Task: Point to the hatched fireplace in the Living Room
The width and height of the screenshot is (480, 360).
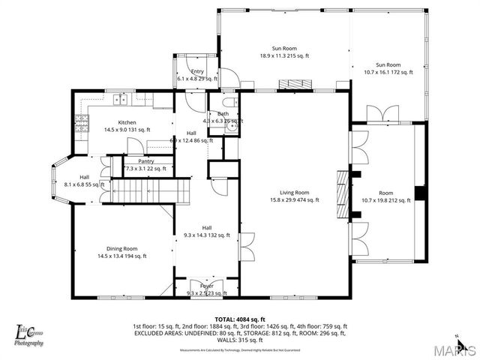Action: [x=343, y=193]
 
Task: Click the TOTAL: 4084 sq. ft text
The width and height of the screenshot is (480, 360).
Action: [x=240, y=319]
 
